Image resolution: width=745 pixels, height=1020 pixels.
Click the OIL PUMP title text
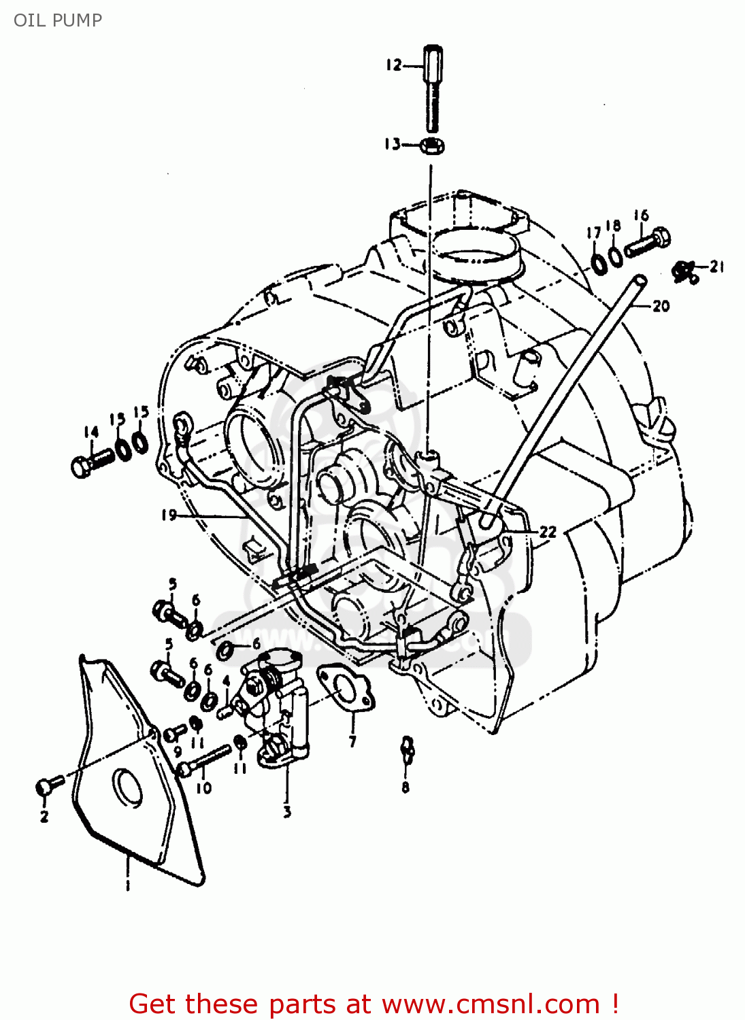pyautogui.click(x=58, y=20)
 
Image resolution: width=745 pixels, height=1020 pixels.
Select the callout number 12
pyautogui.click(x=393, y=65)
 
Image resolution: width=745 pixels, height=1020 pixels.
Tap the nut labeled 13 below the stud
pyautogui.click(x=433, y=146)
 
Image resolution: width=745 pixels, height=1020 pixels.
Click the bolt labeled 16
pyautogui.click(x=648, y=242)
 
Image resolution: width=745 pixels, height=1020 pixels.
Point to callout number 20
pyautogui.click(x=661, y=307)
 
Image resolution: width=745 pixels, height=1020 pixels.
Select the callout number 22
pyautogui.click(x=548, y=532)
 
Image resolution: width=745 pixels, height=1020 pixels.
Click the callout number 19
pyautogui.click(x=169, y=515)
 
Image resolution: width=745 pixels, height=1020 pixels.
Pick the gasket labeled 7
pyautogui.click(x=346, y=689)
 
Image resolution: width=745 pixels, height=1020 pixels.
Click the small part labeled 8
pyautogui.click(x=406, y=747)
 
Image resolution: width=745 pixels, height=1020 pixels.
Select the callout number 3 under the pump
pyautogui.click(x=286, y=811)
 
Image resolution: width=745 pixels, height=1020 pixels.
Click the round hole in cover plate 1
pyautogui.click(x=127, y=787)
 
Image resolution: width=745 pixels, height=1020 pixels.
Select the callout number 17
pyautogui.click(x=594, y=233)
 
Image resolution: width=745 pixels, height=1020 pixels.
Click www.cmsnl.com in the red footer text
pyautogui.click(x=490, y=1004)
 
